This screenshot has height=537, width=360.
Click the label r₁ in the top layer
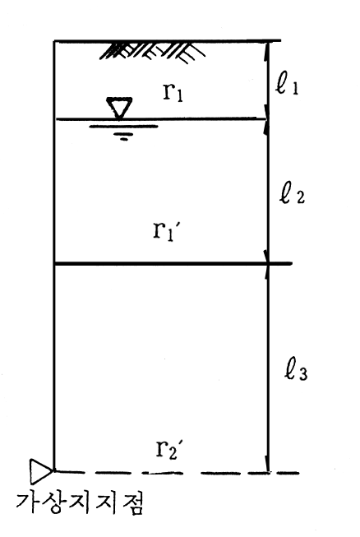[173, 92]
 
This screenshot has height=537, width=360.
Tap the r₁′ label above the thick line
[166, 232]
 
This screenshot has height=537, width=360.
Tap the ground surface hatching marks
[153, 52]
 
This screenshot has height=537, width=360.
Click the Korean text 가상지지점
[80, 502]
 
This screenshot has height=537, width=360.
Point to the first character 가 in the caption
[28, 502]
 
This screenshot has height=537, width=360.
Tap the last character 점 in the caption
[131, 503]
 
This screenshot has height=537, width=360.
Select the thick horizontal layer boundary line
[173, 264]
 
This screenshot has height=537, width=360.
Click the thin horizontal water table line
[161, 119]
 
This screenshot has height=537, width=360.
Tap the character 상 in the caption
[53, 502]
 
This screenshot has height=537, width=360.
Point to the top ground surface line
[168, 41]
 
